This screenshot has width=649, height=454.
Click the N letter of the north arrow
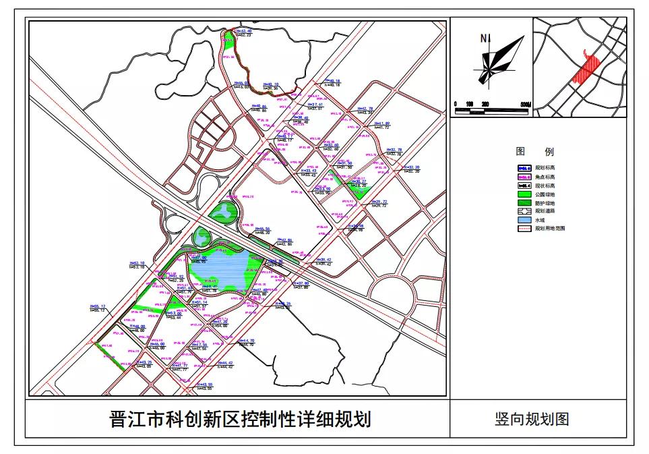[483, 38]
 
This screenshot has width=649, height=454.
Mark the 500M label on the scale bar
[523, 105]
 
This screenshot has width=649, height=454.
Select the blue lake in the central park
[225, 270]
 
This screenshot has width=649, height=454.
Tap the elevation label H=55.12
[98, 306]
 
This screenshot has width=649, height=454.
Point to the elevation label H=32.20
[410, 167]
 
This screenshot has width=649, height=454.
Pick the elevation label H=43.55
[202, 385]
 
